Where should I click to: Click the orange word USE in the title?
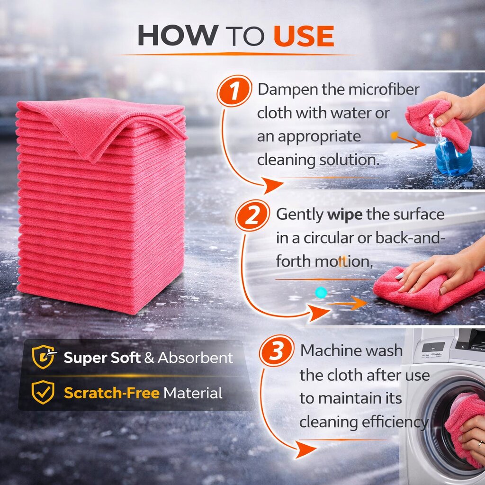304,36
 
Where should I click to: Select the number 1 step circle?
234,91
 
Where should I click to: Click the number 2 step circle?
252,216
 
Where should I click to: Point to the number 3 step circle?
277,351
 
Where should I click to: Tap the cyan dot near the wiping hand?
321,292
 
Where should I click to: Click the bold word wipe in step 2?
345,215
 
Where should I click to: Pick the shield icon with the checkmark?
43,392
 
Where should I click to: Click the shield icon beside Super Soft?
44,357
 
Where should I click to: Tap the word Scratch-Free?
112,393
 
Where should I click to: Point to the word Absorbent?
196,358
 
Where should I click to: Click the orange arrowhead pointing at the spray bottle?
420,143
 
